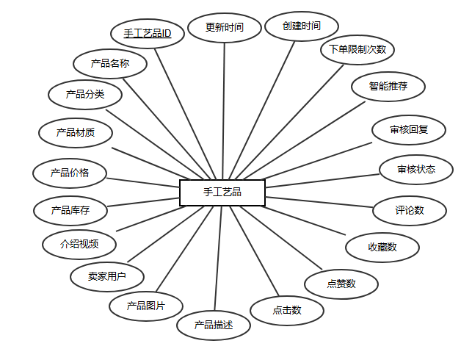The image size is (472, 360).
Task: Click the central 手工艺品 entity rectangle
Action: coord(222,192)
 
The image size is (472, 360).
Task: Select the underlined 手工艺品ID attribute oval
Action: coord(147,34)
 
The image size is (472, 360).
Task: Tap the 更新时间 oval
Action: coord(224,28)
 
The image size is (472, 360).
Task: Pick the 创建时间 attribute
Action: coord(301,26)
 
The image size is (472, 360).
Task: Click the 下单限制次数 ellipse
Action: coord(357,50)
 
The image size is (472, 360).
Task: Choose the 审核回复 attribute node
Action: coord(409,130)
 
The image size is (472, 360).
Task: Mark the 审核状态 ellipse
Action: coord(416,170)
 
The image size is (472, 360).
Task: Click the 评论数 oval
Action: coord(410,210)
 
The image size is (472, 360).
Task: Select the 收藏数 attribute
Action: coord(382,248)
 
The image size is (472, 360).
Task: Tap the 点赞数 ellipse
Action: coord(341,284)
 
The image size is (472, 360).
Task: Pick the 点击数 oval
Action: coord(287,310)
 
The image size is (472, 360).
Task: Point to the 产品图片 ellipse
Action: coord(145,306)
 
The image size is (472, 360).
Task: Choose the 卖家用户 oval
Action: coord(106,276)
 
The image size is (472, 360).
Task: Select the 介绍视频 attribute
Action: coord(79,243)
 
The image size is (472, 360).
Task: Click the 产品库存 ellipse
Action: coord(70,210)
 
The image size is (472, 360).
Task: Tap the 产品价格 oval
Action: coord(70,173)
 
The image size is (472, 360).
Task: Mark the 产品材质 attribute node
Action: coord(75,133)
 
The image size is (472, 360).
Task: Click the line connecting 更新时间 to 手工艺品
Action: coord(223,110)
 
